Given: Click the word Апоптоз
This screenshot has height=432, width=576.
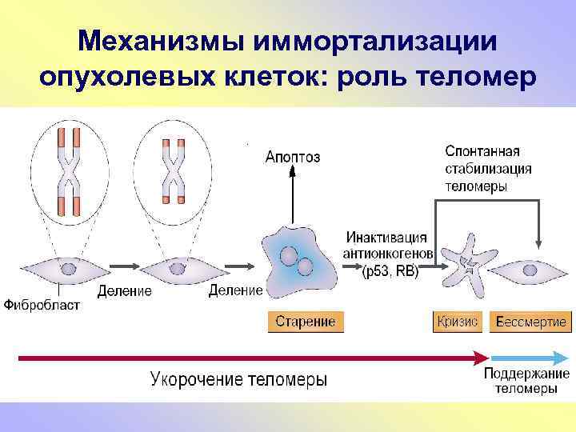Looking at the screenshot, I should click(x=293, y=158).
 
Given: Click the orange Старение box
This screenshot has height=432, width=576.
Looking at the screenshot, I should click(x=305, y=322).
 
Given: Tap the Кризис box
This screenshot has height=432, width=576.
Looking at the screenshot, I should click(x=457, y=322).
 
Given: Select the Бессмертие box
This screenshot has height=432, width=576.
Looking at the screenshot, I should click(x=530, y=322).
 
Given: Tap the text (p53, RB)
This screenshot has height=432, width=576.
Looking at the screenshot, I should click(x=390, y=271).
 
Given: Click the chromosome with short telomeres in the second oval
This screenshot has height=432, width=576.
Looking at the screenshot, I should click(x=173, y=169).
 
